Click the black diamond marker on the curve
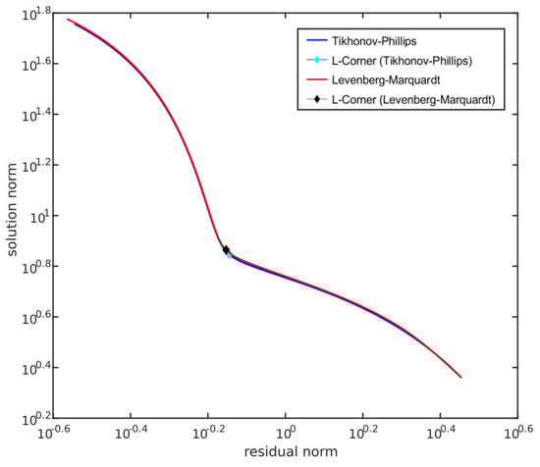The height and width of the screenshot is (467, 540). pyautogui.click(x=226, y=250)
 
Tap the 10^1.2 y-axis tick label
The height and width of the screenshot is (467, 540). pyautogui.click(x=34, y=165)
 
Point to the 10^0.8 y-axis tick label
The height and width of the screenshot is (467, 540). pyautogui.click(x=34, y=266)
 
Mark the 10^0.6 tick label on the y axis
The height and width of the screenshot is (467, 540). pyautogui.click(x=34, y=317)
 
